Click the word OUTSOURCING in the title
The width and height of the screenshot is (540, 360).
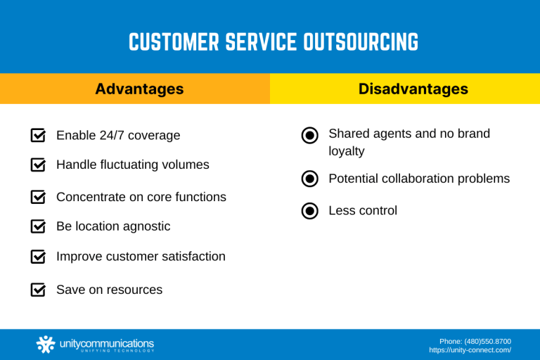[x=361, y=43]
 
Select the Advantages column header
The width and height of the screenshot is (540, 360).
[x=139, y=89]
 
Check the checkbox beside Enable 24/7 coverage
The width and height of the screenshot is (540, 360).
[x=39, y=135]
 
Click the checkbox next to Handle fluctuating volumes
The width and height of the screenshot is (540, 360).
[x=39, y=165]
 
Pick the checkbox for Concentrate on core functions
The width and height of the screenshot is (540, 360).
[x=39, y=197]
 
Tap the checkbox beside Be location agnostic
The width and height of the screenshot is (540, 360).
[x=39, y=226]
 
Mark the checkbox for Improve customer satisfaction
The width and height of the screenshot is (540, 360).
[x=39, y=257]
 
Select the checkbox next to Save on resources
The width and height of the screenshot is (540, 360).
[x=39, y=290]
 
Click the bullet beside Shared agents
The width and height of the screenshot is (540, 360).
[x=309, y=136]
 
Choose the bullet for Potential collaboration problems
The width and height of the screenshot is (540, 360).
[x=309, y=179]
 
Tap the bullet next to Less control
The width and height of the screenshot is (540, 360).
[x=309, y=211]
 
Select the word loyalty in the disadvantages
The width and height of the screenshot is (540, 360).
[x=347, y=151]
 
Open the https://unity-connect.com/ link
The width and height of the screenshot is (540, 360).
[x=470, y=350]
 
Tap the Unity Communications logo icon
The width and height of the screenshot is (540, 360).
[x=46, y=345]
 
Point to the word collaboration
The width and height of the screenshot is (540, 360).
[x=413, y=179]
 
